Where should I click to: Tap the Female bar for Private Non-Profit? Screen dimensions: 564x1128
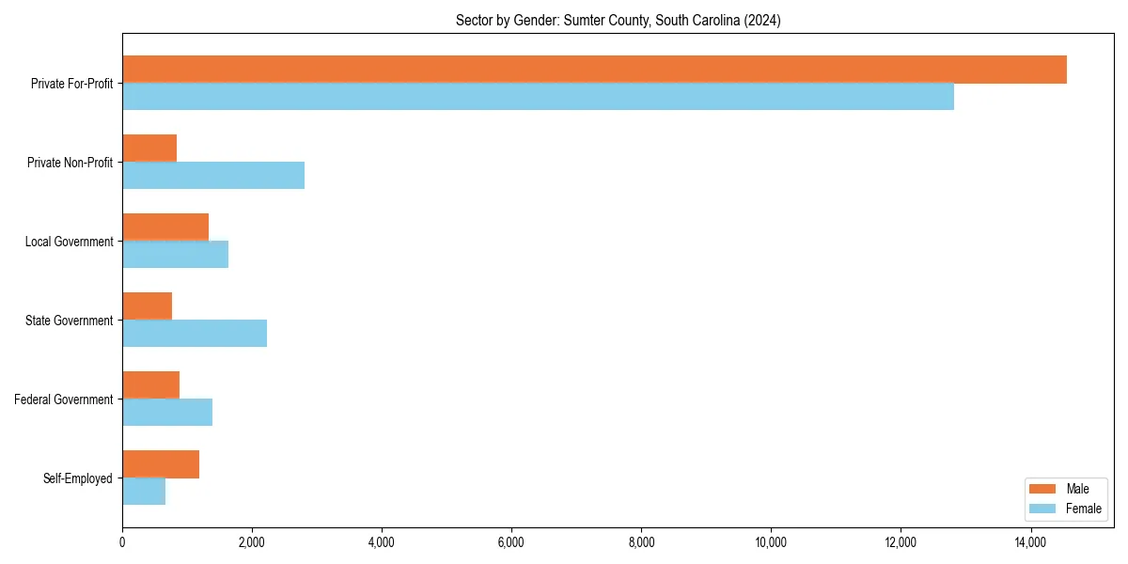point(213,176)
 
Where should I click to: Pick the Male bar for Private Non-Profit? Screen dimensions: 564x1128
point(149,149)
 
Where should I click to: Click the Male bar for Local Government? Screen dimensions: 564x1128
point(165,227)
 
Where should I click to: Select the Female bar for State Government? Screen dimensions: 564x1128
point(195,334)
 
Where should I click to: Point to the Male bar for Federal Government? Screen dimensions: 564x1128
point(150,385)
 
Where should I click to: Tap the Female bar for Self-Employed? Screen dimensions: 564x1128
point(144,492)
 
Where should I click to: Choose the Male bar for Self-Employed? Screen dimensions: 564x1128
point(161,464)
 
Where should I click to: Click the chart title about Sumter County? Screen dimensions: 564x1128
point(618,20)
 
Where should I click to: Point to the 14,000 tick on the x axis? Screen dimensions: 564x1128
point(1030,543)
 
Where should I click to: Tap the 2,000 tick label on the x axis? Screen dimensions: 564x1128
point(252,543)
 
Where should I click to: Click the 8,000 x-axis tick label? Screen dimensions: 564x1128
point(641,543)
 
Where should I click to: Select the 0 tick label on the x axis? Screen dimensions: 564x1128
point(122,543)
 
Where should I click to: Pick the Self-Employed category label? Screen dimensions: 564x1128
point(78,478)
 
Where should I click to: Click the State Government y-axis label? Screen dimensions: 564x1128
point(70,321)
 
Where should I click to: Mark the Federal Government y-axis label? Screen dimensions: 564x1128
point(64,399)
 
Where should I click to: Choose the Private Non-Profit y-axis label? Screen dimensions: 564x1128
point(70,163)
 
